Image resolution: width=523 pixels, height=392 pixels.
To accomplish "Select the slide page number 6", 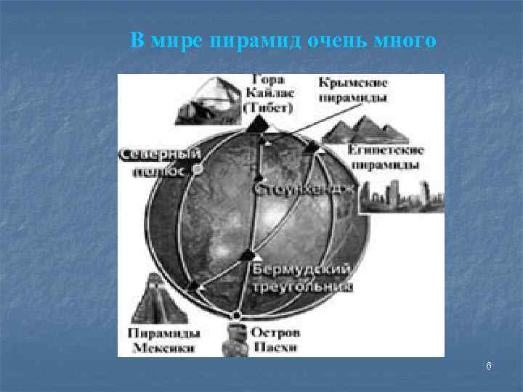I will point(489,367).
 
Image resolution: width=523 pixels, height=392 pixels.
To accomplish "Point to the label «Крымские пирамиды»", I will point(352,89).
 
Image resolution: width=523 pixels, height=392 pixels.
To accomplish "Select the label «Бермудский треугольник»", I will point(301,277).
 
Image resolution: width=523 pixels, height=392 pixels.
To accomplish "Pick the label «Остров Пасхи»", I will point(275,340).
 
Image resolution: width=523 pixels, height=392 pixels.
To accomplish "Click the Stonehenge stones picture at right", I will point(400,194).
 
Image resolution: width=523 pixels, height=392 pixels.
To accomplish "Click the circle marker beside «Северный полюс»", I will point(198,170).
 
